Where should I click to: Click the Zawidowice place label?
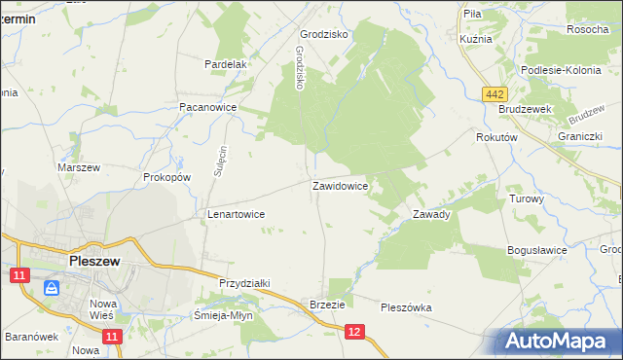tap(339, 185)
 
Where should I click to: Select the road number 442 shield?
tap(495, 92)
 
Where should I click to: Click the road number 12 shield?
tap(355, 333)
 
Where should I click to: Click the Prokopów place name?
tap(165, 178)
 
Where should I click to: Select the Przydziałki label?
tap(243, 283)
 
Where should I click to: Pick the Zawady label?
tap(431, 214)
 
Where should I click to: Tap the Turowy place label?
tap(527, 198)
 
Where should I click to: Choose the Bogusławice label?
tap(537, 250)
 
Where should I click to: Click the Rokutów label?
tap(495, 138)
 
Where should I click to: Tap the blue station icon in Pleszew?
tap(52, 288)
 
